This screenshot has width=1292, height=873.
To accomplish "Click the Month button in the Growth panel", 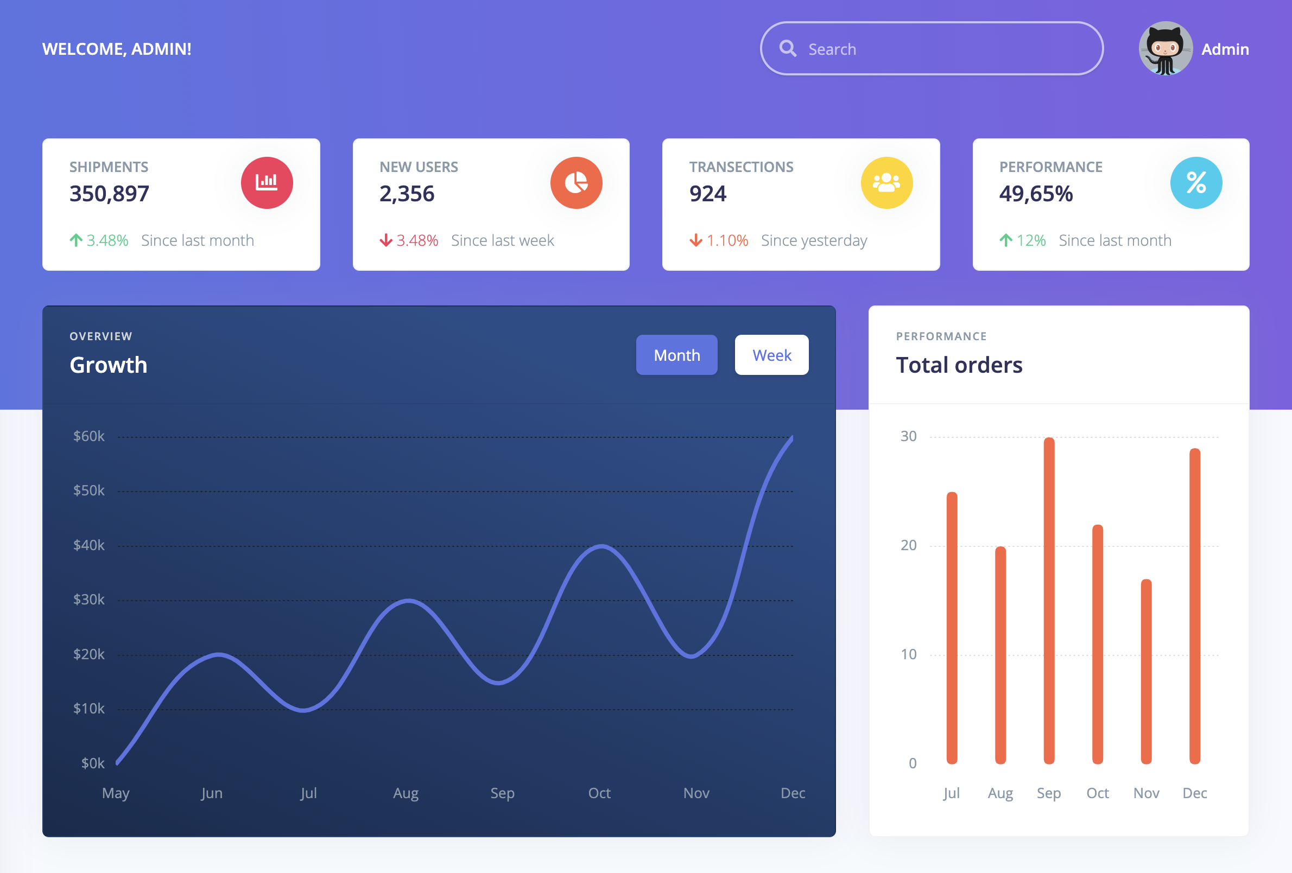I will coord(676,355).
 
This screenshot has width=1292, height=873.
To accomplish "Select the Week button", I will coord(771,355).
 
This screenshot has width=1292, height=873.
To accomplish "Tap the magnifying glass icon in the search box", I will coord(787,49).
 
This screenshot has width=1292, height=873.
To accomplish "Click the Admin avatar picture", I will coord(1166,49).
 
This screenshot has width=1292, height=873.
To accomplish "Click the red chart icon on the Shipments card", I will coord(267,182).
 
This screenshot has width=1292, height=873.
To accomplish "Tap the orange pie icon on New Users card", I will coord(576,182).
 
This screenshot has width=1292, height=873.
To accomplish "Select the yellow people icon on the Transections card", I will coord(886,182).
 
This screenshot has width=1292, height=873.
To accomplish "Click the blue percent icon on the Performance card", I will coord(1196,182).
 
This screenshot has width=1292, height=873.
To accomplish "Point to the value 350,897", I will coord(110,194).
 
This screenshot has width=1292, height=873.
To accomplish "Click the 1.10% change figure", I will coord(727,240).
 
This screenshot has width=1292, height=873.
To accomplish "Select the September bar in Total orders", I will coord(1049,600).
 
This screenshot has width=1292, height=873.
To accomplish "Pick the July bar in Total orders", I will coord(952,628).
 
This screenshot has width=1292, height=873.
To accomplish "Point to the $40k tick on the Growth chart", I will coord(89,545).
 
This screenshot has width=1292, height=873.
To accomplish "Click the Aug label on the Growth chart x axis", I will coord(406,793).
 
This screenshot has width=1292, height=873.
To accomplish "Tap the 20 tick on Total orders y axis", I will coord(908,545).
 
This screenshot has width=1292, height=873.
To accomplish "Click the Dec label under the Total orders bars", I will coord(1195,793).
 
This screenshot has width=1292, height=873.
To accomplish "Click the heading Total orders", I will coord(959,365).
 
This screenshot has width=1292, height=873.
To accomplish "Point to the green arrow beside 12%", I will coord(1006,240).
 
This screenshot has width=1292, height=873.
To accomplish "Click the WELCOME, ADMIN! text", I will coord(117,49).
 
